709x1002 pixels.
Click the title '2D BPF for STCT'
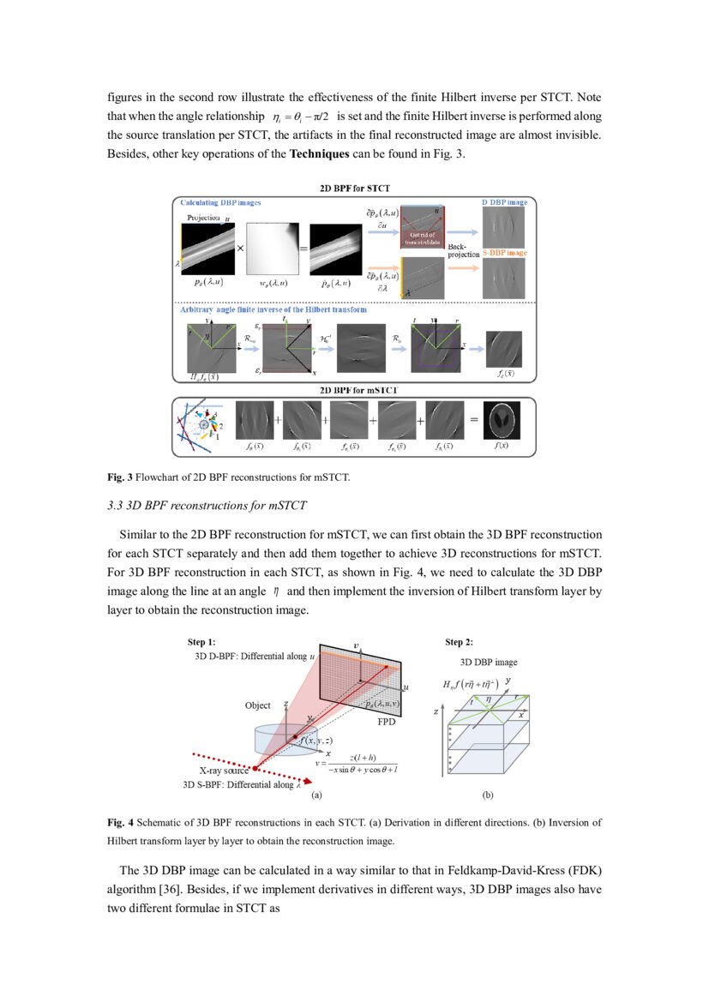[x=355, y=189]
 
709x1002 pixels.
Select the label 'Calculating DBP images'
[x=220, y=202]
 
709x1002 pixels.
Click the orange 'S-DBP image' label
[x=504, y=253]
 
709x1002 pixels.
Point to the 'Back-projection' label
[x=464, y=250]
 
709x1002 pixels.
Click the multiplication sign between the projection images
[x=241, y=245]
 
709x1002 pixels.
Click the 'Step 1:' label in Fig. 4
[x=201, y=641]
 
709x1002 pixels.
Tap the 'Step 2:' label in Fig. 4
[x=459, y=641]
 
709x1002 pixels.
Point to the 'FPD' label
[x=386, y=723]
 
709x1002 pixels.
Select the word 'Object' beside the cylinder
[x=257, y=705]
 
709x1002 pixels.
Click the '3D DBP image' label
[x=489, y=662]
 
